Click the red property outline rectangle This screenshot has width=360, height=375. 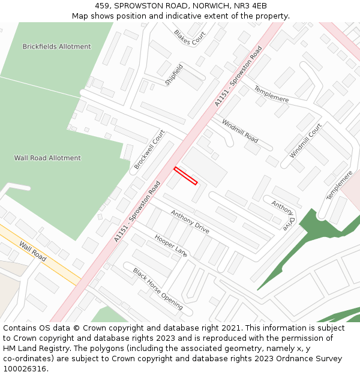[185, 176]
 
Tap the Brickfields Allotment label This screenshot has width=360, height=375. [56, 47]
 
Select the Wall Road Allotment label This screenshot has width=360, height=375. [47, 158]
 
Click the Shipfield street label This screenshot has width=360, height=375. [174, 74]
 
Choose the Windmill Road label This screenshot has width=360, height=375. [240, 131]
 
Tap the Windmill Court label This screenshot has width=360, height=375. [305, 141]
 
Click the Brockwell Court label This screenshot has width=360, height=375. [149, 149]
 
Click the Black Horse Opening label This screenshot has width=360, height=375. [158, 289]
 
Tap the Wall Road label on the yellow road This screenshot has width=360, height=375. [32, 251]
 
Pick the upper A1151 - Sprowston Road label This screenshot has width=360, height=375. [239, 77]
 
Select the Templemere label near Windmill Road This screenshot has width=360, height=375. [271, 94]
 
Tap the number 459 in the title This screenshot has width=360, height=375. [101, 5]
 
